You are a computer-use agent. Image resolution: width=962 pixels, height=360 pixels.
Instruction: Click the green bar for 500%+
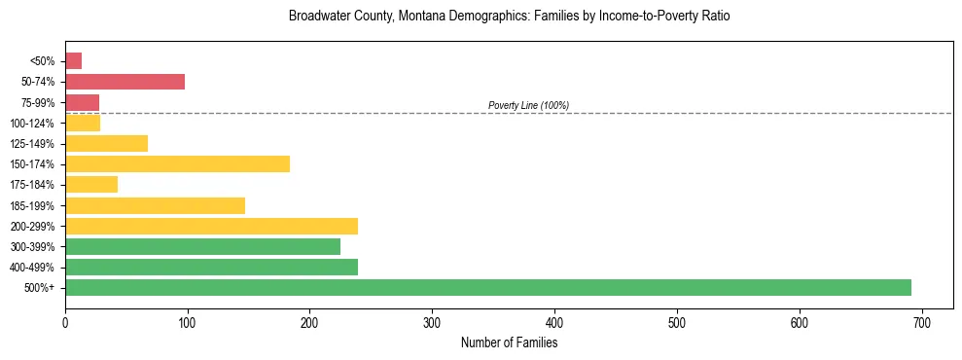[x=487, y=287]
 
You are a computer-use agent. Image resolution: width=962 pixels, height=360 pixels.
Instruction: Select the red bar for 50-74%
[x=125, y=82]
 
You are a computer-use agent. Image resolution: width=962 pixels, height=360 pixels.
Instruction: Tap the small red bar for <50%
[x=73, y=61]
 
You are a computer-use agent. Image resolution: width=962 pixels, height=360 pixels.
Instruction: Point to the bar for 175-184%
[x=91, y=184]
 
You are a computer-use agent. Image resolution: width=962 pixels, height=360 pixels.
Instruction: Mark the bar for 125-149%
[x=106, y=143]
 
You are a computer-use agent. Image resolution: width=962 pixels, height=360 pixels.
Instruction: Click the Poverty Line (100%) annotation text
[x=528, y=105]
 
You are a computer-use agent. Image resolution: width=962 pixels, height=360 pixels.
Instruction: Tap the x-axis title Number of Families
[x=509, y=342]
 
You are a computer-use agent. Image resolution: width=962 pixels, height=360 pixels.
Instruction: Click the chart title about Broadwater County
[x=509, y=17]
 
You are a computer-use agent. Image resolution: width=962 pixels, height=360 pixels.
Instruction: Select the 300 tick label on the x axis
[x=432, y=322]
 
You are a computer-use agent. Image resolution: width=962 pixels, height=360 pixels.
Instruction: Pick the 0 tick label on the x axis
[x=65, y=322]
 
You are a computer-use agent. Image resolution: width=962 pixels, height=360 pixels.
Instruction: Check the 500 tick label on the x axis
[x=677, y=322]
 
